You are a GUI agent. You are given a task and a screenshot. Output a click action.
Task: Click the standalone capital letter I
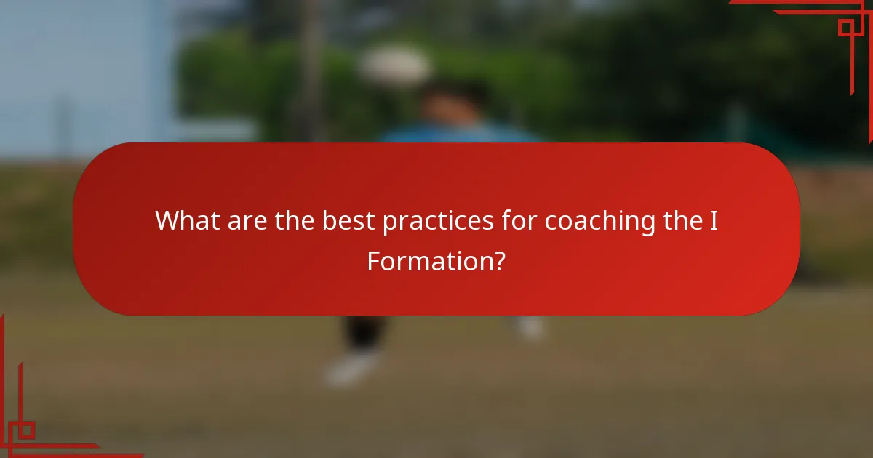(714, 221)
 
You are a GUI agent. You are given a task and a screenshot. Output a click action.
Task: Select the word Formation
(428, 260)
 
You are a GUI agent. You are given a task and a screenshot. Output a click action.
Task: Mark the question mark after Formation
(499, 260)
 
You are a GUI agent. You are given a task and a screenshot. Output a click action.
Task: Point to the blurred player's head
(455, 102)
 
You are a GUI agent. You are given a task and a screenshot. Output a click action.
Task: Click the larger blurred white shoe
(353, 369)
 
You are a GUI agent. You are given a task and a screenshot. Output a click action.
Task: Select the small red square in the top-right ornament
(846, 28)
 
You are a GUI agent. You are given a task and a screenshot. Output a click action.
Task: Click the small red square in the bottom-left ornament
(25, 430)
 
